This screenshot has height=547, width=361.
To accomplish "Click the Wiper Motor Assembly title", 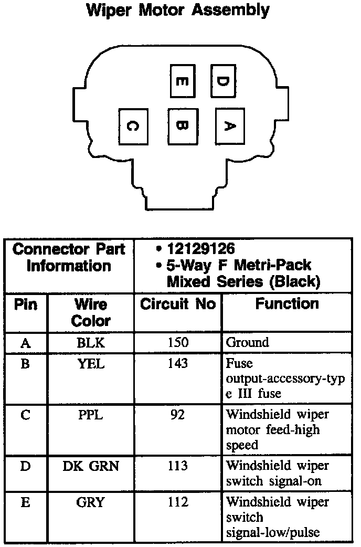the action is pos(178,10).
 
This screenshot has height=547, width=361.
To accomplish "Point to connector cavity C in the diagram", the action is pos(132,126).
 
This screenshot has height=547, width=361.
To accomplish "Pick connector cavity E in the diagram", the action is pos(182,81).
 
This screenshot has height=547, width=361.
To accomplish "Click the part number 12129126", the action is pos(201,248).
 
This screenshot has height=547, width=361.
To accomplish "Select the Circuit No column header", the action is pos(178,304).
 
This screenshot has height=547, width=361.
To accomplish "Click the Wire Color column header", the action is pos(91,312).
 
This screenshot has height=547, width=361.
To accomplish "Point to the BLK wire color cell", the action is pos(91,343).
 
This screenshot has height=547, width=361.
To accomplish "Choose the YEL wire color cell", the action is pos(91,363).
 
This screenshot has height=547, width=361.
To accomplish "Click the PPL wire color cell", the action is pos(91,415).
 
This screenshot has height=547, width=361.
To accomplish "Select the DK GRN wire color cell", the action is pos(91,466).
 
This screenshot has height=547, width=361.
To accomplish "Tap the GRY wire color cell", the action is pos(91,502).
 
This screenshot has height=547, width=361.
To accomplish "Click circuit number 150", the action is pos(178,343).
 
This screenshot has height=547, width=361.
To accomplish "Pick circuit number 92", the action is pos(178,415).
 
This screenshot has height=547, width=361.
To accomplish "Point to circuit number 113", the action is pos(178,466).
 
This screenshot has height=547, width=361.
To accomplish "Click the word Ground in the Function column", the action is pos(247,343).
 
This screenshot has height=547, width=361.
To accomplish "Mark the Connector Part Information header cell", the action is pos(69,257).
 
